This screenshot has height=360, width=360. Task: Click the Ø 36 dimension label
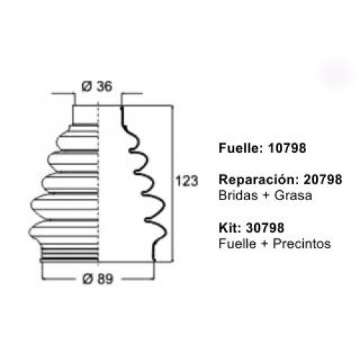[96, 86]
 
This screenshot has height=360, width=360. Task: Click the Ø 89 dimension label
[98, 279]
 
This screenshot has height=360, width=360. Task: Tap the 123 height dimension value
[186, 181]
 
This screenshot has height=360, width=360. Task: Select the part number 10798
[287, 148]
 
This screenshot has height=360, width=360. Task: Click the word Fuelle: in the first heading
[241, 148]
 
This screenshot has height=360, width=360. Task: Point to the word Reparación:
[259, 180]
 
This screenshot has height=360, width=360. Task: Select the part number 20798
[323, 179]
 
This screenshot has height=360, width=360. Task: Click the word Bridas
[238, 195]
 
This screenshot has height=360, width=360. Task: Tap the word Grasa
[293, 195]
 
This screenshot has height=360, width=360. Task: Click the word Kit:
[230, 228]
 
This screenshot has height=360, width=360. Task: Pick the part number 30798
[265, 228]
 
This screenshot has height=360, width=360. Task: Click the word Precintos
[302, 243]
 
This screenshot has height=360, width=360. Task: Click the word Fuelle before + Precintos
[237, 243]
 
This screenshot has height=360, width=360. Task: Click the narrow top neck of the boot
[86, 115]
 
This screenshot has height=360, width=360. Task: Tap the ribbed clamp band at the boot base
[70, 254]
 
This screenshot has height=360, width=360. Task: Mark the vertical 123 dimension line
[172, 183]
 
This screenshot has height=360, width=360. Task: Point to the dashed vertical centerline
[99, 184]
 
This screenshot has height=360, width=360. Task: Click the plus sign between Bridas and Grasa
[266, 196]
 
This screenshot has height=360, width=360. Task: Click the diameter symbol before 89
[88, 279]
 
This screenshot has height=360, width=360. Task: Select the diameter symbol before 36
[87, 86]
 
